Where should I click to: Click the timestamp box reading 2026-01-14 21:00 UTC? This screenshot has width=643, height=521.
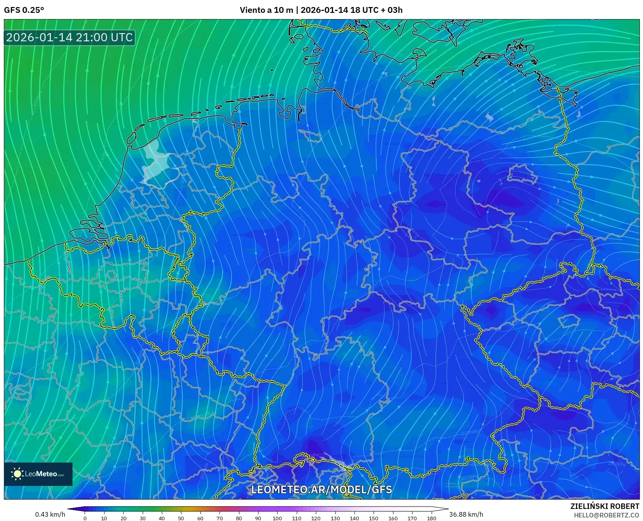(69, 37)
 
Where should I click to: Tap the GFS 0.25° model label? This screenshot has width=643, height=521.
(24, 10)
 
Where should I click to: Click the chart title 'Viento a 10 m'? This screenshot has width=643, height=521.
(266, 10)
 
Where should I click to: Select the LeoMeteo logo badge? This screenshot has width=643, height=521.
(38, 474)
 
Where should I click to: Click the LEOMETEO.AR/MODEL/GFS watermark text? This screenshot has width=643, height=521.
(321, 489)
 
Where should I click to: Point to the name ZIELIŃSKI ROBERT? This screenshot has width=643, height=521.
(604, 506)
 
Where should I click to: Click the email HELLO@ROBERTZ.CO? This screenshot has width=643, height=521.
(606, 515)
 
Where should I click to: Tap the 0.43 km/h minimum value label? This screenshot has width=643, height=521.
(50, 514)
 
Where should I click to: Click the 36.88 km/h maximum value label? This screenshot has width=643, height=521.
(466, 514)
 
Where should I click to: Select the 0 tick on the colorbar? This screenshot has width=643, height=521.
(85, 518)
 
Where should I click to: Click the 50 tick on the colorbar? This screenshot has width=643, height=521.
(181, 518)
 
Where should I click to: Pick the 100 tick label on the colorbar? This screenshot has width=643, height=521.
(277, 518)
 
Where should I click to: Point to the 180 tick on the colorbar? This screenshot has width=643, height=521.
(431, 518)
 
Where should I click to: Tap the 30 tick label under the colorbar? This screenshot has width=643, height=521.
(143, 518)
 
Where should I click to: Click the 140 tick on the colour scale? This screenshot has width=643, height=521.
(354, 518)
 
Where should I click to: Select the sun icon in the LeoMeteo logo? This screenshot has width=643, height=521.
(17, 474)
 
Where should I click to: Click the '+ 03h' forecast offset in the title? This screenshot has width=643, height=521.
(391, 10)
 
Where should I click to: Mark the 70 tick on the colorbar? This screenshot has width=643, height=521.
(220, 518)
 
